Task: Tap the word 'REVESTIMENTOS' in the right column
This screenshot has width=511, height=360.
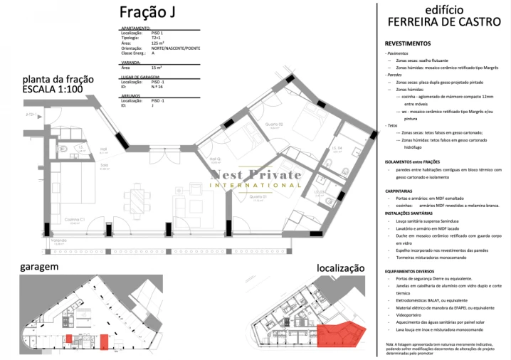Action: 406,43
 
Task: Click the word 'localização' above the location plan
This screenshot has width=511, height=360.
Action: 340,268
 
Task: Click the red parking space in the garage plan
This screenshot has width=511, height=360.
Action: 104,341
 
